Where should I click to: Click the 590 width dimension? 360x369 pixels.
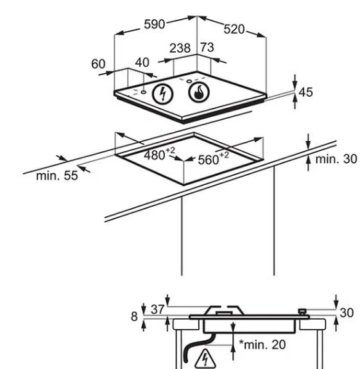pos(155,24)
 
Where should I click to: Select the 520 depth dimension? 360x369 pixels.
pos(234,30)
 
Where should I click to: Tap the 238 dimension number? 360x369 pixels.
pos(180,48)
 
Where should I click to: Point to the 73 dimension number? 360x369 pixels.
pos(207,47)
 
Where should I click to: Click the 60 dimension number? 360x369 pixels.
pos(98,64)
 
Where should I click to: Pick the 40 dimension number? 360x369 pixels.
pos(142,63)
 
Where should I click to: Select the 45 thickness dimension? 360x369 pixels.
pos(305,92)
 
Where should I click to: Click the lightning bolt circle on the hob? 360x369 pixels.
pos(163,94)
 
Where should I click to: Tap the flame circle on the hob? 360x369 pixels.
pos(199,92)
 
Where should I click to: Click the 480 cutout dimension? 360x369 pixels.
pos(159,155)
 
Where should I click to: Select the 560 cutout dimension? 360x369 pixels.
pos(213,159)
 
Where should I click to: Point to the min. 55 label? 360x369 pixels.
pos(57,176)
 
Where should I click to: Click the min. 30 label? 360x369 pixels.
pos(336,159)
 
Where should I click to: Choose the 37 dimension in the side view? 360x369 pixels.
pos(157,309)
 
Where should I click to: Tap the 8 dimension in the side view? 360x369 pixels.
pos(134,316)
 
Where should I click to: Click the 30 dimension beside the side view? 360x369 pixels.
pos(347,313)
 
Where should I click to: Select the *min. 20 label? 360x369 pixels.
pos(262,345)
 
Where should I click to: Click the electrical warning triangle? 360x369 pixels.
pos(205,359)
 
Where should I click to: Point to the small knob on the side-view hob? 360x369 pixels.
pos(302,311)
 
